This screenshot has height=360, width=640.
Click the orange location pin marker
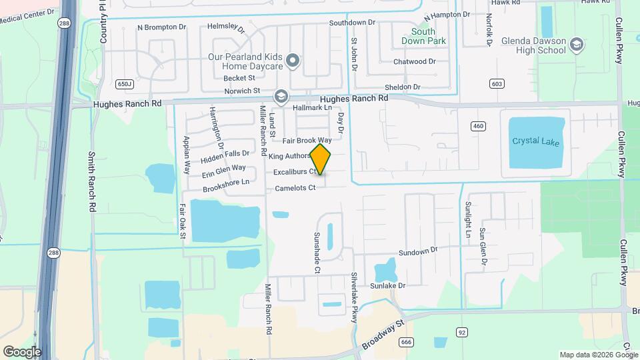[321, 159]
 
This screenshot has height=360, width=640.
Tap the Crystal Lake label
[536, 141]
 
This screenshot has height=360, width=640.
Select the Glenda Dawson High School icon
[577, 45]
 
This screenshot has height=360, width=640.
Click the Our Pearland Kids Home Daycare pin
[292, 62]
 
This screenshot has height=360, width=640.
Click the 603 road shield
[495, 83]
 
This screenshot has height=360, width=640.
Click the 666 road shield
[407, 342]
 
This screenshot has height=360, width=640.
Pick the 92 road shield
[461, 331]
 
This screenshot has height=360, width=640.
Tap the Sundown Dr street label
[418, 252]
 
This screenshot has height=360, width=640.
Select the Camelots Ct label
[295, 188]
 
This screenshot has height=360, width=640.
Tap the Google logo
[21, 351]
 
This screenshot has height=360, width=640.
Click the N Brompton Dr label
[161, 27]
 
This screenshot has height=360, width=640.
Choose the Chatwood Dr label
[414, 61]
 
